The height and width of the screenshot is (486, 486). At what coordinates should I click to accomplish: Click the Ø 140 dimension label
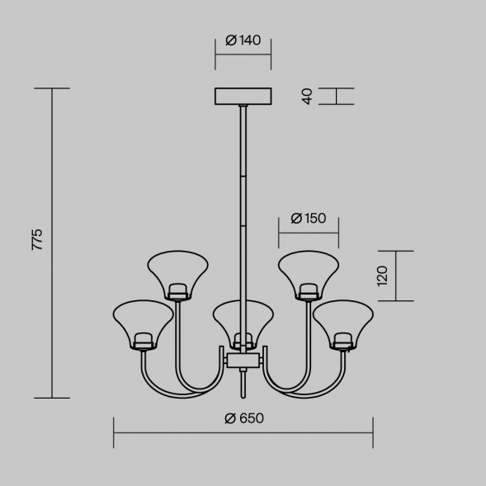coord(243,40)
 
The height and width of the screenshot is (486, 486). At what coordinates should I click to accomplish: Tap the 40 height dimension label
coord(308,97)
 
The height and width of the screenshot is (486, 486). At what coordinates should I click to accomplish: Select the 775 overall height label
coord(37,239)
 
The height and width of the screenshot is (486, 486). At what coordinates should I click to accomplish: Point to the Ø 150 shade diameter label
coord(309,219)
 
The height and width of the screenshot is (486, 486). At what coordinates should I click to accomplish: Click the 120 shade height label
coord(382,276)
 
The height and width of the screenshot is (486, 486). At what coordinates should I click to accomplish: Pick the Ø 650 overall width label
coord(244,418)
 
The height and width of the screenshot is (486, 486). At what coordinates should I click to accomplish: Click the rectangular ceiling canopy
coord(243,96)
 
